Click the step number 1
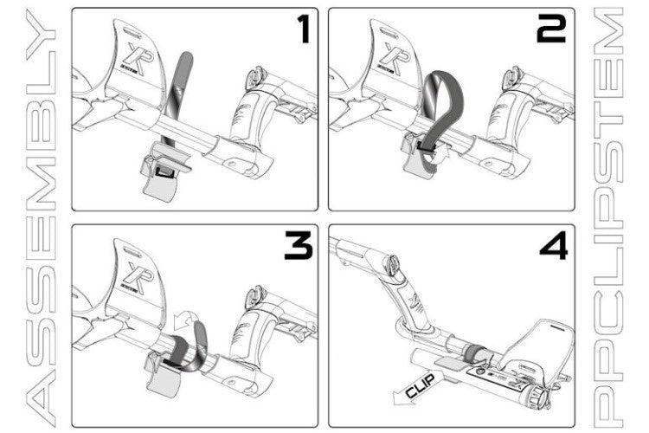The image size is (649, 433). pos(305,29)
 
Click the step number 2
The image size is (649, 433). pos(551,29)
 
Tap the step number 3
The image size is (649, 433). pos(299,246)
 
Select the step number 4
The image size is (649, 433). pos(554,246)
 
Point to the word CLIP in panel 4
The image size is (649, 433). pos(420,385)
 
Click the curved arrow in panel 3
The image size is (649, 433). pos(184,318)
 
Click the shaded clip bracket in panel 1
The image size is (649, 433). pos(162,183)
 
